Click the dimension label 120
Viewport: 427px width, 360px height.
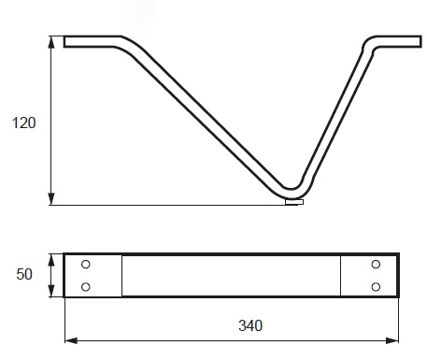(x=23, y=122)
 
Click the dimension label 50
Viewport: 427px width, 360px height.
(x=24, y=274)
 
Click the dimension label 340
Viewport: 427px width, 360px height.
(x=250, y=325)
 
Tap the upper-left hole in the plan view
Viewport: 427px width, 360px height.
(x=86, y=265)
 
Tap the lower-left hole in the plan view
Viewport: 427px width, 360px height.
(x=86, y=286)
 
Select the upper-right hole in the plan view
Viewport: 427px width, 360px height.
(x=376, y=265)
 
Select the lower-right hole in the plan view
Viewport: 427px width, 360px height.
(x=376, y=286)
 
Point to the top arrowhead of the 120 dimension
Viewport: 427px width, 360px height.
(x=51, y=42)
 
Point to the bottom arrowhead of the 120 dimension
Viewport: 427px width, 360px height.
(x=51, y=199)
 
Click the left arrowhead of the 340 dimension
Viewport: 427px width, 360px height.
(x=71, y=340)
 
